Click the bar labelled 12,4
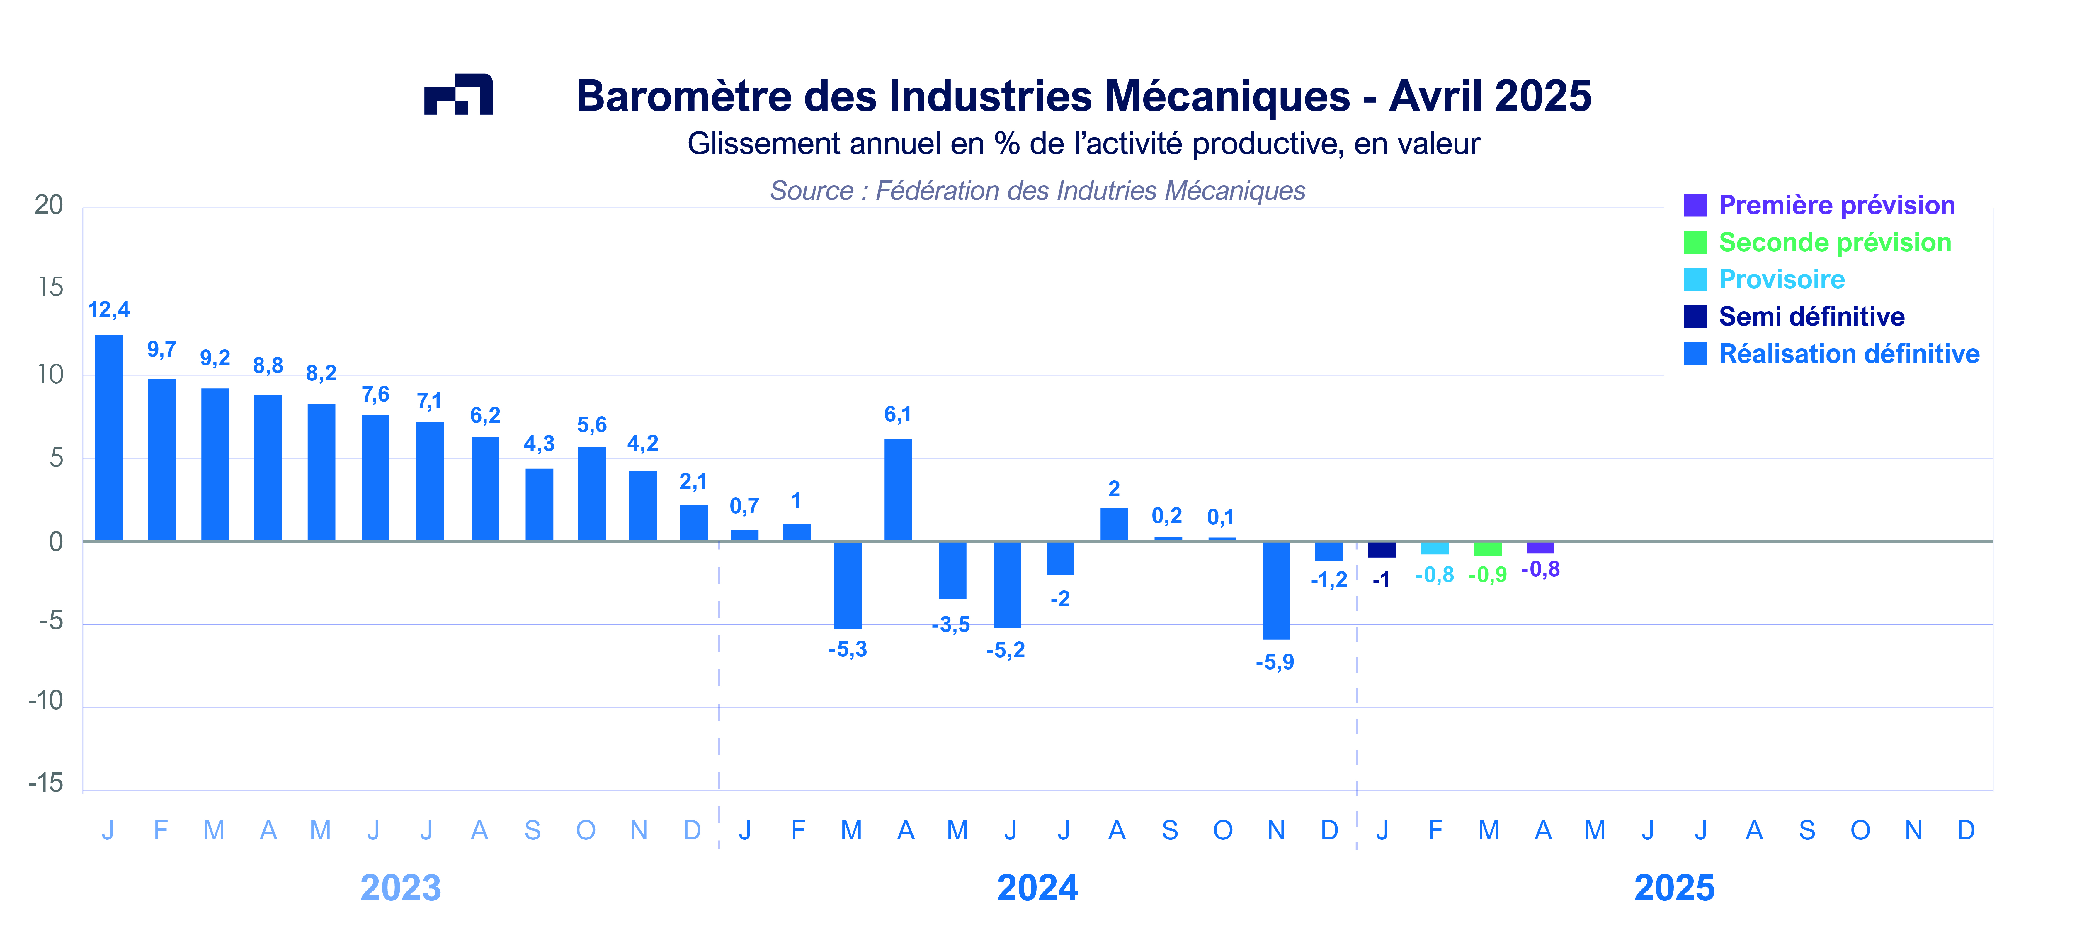[109, 437]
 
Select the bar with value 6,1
[898, 490]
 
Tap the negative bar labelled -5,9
[1275, 590]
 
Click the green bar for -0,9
[1488, 549]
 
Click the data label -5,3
[847, 649]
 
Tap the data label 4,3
[539, 444]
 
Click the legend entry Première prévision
[1836, 205]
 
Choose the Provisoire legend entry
[1781, 279]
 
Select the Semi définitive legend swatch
[1695, 316]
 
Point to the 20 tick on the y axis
[48, 205]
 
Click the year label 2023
[401, 888]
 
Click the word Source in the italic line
[810, 191]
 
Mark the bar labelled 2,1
[693, 523]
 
